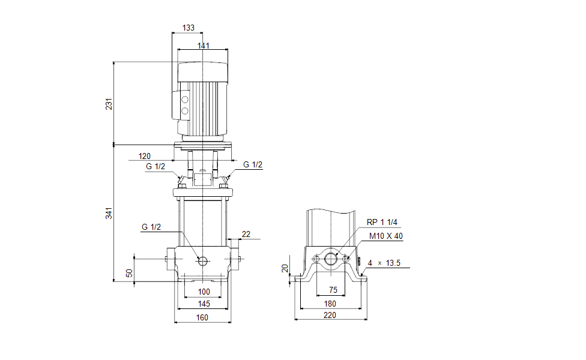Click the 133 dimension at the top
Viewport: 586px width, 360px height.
(188, 28)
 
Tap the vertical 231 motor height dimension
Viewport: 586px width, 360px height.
(109, 104)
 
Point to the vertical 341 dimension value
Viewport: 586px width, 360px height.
(109, 213)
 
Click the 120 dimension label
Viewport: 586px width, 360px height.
(144, 156)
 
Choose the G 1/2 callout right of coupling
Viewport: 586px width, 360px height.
(252, 165)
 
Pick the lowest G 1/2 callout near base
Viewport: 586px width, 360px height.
(152, 227)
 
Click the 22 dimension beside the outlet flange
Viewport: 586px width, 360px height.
(246, 233)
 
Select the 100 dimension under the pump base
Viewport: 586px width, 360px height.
(204, 292)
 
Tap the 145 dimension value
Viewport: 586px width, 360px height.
(204, 304)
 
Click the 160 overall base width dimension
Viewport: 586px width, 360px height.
(202, 317)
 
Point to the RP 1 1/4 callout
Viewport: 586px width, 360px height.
(382, 222)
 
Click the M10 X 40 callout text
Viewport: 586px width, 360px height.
(386, 236)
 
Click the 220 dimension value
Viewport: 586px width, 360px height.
(330, 315)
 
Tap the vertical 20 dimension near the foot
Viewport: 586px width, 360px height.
(285, 268)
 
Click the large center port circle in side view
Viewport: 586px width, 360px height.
(331, 259)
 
